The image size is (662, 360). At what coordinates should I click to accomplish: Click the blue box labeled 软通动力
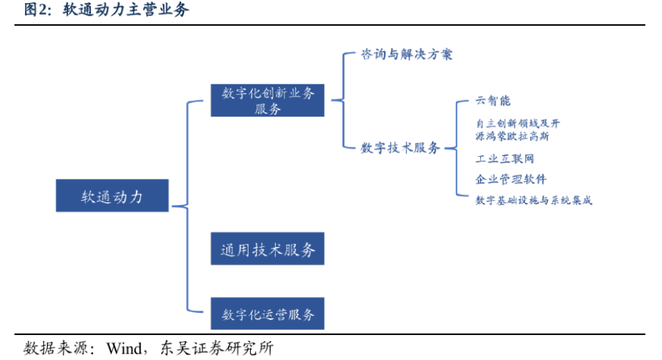pyautogui.click(x=112, y=196)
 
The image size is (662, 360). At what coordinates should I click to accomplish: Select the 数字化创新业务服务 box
pyautogui.click(x=268, y=100)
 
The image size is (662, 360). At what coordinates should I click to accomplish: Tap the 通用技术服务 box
pyautogui.click(x=268, y=249)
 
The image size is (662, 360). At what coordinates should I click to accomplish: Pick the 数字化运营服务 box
pyautogui.click(x=268, y=314)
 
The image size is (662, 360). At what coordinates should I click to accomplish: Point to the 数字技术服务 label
pyautogui.click(x=400, y=147)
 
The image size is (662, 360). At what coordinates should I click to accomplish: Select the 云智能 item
pyautogui.click(x=493, y=100)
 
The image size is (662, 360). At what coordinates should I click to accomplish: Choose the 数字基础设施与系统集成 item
pyautogui.click(x=533, y=199)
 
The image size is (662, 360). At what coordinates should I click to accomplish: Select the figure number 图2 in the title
pyautogui.click(x=37, y=10)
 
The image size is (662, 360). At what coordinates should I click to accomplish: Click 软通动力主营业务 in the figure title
pyautogui.click(x=126, y=10)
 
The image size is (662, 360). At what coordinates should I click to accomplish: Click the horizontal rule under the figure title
pyautogui.click(x=331, y=25)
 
